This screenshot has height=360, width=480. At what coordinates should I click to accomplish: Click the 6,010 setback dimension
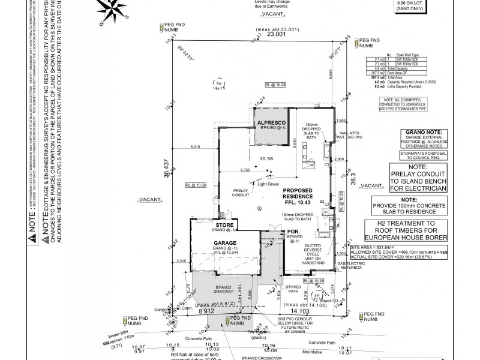(194, 146)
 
